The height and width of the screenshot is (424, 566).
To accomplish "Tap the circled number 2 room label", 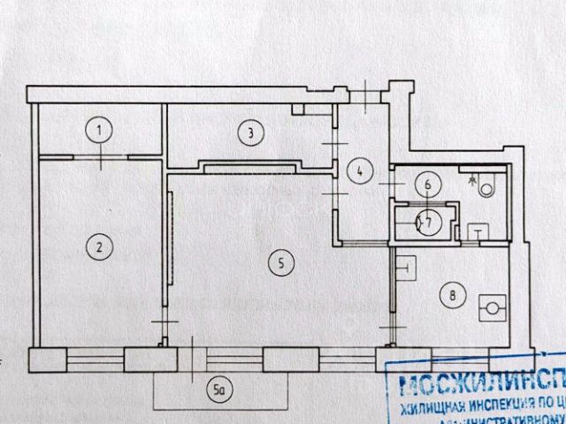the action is coord(100,247).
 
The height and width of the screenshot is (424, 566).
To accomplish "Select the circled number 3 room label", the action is coord(251,133).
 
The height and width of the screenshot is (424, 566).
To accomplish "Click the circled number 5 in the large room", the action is coord(279,262).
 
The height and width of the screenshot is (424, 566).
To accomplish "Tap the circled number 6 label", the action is coord(428,185).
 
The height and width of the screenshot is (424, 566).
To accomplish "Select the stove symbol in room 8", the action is coord(491,308).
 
